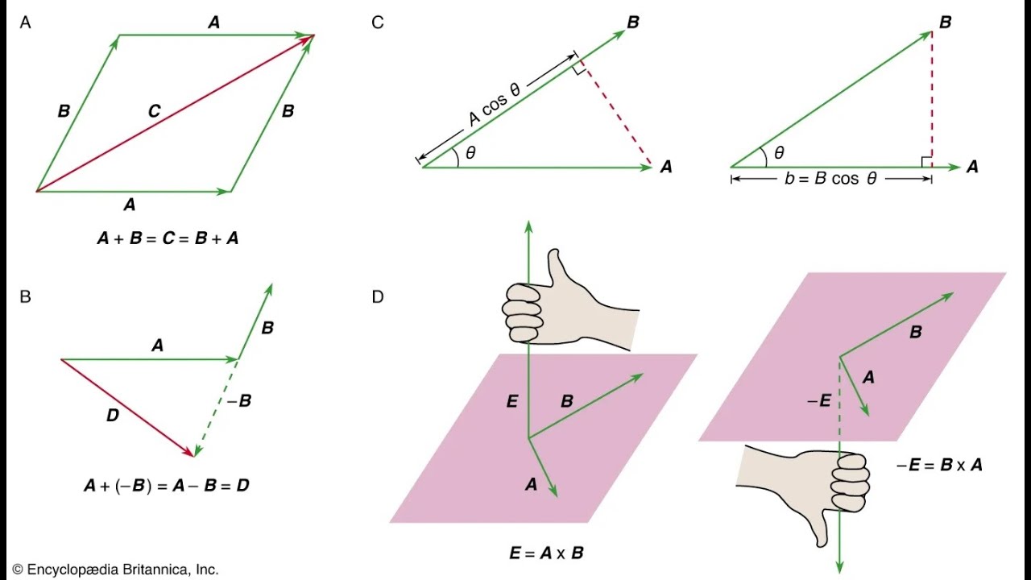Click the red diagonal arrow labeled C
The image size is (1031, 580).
click(174, 114)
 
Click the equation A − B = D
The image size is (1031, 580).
click(167, 487)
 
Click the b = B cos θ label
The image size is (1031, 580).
click(830, 179)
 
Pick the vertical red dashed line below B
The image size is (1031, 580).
click(932, 97)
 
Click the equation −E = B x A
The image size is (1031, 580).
click(939, 465)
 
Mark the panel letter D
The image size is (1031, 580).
click(378, 296)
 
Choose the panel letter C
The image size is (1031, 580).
click(378, 23)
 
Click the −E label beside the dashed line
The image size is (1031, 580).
click(819, 400)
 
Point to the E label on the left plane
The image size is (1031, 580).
click(511, 401)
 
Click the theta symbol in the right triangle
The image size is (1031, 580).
click(778, 152)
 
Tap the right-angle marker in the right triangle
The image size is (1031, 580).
click(926, 161)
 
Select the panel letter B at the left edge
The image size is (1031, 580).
click(25, 296)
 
